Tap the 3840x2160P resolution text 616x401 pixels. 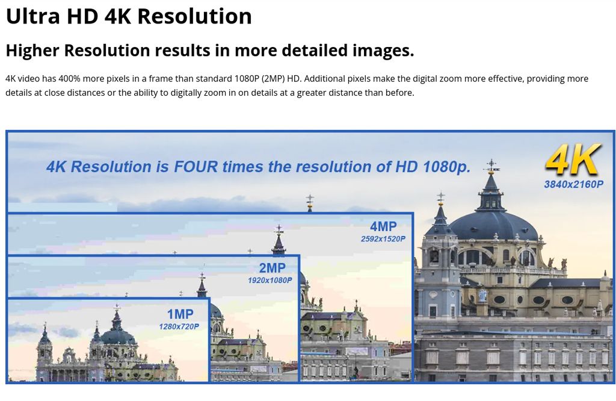pyautogui.click(x=573, y=184)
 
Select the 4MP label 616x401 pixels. pyautogui.click(x=383, y=226)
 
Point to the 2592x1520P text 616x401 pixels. pyautogui.click(x=383, y=238)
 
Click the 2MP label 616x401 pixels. pyautogui.click(x=273, y=268)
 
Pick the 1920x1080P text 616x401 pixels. pyautogui.click(x=270, y=281)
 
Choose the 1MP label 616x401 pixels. pyautogui.click(x=180, y=314)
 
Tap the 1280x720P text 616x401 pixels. pyautogui.click(x=179, y=326)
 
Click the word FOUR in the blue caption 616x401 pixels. pyautogui.click(x=196, y=167)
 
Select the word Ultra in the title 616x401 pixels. pyautogui.click(x=33, y=16)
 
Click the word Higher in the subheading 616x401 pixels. pyautogui.click(x=33, y=51)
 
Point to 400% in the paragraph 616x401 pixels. pyautogui.click(x=69, y=79)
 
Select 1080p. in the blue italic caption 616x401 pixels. pyautogui.click(x=447, y=167)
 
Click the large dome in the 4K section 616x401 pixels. pyautogui.click(x=493, y=226)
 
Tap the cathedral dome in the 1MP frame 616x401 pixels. pyautogui.click(x=119, y=337)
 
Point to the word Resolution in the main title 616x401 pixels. pyautogui.click(x=194, y=16)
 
